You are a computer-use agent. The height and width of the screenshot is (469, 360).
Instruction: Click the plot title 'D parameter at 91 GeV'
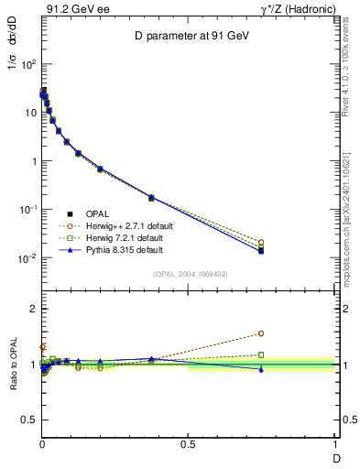pyautogui.click(x=189, y=36)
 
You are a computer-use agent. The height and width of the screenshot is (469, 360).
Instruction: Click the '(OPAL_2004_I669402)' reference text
pyautogui.click(x=189, y=273)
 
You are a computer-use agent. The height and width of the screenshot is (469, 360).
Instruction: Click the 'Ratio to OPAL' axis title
pyautogui.click(x=13, y=365)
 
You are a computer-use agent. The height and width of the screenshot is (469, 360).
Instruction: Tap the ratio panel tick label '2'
pyautogui.click(x=31, y=309)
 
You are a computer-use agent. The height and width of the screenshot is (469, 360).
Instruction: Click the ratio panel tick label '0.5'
pyautogui.click(x=27, y=420)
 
